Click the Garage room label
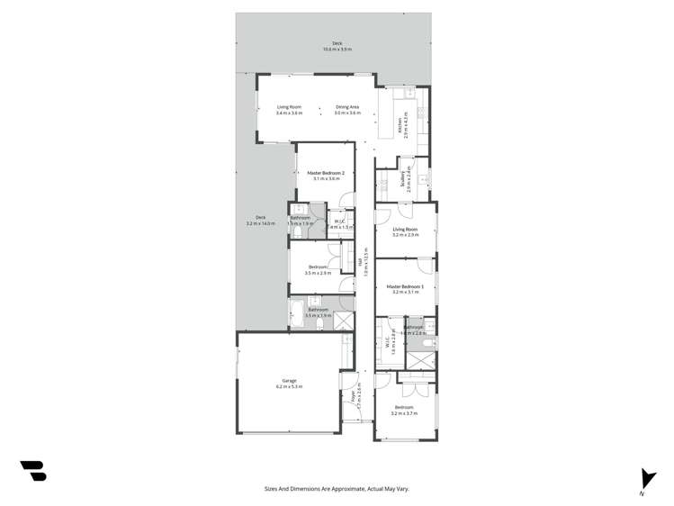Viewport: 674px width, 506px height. click(289, 381)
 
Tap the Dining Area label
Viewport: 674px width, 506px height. click(347, 107)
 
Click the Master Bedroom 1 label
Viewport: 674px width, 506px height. click(405, 287)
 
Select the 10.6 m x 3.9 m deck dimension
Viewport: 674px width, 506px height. click(337, 50)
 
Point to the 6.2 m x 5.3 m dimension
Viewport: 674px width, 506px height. click(289, 387)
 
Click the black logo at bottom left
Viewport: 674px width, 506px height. click(33, 470)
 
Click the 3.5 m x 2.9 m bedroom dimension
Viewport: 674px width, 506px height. click(319, 273)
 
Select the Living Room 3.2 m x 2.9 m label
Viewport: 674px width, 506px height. click(405, 232)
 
